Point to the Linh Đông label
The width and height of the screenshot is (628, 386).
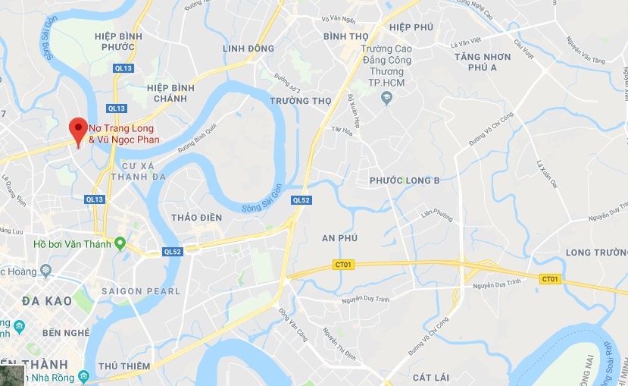pos(248,49)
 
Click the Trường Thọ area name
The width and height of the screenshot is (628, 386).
pos(301,101)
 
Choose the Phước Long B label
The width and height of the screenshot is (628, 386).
pos(405,180)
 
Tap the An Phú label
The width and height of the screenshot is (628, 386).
pos(339,238)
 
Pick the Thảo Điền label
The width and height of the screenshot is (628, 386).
pos(197,218)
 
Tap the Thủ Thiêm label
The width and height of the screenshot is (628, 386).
pos(122,366)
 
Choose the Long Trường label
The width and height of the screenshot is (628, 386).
pos(597,253)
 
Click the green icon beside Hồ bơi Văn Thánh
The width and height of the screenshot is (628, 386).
pos(120,243)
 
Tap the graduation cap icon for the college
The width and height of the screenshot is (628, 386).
pos(386,98)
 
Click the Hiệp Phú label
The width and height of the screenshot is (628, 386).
pos(411,27)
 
